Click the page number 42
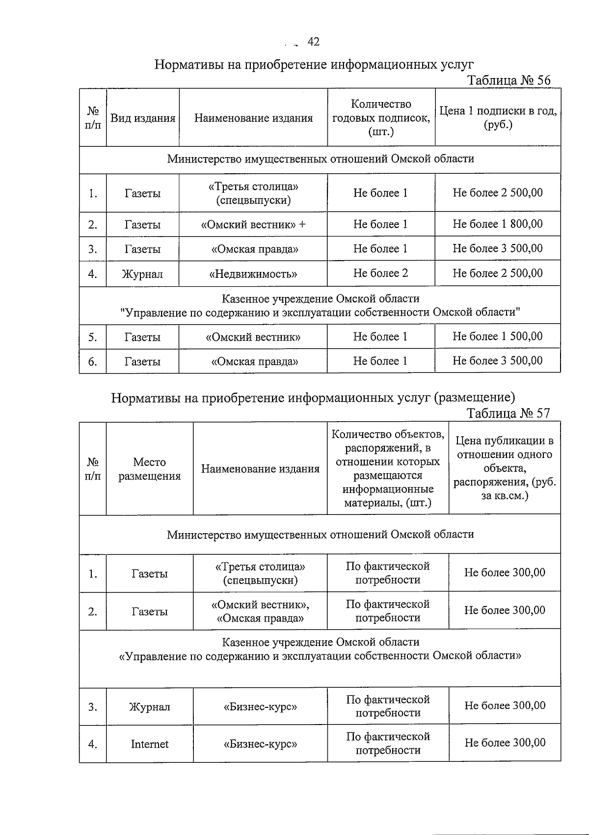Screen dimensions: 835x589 tap(313, 42)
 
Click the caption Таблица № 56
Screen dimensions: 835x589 tap(509, 81)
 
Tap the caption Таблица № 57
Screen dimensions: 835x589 tap(508, 413)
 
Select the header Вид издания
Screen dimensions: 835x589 tap(142, 118)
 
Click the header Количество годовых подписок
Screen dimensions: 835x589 tap(381, 118)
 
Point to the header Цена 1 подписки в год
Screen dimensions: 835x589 tap(498, 118)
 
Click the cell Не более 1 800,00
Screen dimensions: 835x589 tap(498, 224)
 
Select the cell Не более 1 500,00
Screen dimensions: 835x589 tap(498, 337)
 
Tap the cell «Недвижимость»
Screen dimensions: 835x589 tap(253, 274)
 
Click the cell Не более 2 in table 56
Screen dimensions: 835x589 tap(380, 273)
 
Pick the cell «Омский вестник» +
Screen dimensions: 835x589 tap(253, 224)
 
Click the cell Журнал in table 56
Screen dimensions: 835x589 tap(142, 274)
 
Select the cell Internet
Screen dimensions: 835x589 tap(149, 744)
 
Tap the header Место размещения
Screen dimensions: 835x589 tap(149, 469)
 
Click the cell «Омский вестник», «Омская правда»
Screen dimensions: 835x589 tap(260, 611)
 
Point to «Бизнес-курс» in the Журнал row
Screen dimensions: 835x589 tap(260, 707)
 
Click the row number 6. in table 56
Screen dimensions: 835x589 tap(93, 362)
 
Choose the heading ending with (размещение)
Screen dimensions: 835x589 tap(313, 397)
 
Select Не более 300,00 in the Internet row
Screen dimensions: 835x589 tap(505, 743)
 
